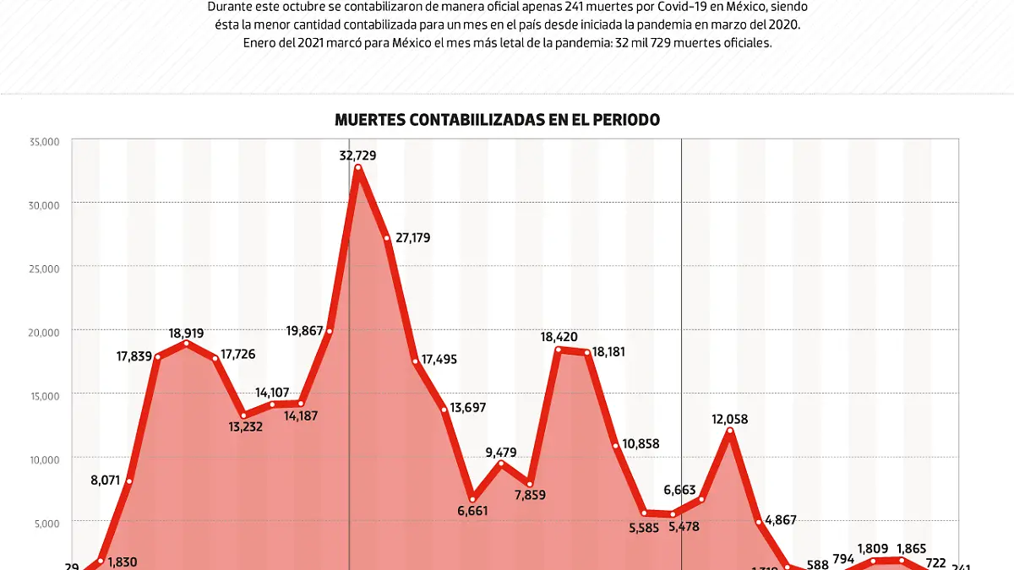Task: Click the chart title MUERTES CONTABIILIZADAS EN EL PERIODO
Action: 497,120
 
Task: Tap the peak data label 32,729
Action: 357,155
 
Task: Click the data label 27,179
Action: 412,238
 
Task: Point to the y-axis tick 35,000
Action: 43,142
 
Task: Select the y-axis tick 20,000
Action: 43,332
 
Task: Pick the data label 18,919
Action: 186,334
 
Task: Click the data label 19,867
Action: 305,331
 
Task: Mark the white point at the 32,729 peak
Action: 358,168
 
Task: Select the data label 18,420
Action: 559,337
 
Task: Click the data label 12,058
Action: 730,419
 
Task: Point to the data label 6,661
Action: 474,511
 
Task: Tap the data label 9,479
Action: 503,453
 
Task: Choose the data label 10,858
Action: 641,443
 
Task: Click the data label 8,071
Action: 108,481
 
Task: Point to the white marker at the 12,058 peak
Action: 730,432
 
